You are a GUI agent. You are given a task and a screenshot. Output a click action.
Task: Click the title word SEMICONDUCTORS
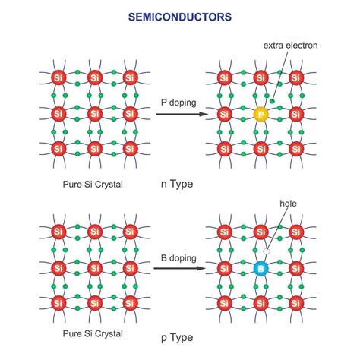tap(179, 16)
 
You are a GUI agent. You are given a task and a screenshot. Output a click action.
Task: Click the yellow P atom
tap(261, 114)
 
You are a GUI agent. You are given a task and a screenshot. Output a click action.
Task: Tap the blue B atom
tap(261, 269)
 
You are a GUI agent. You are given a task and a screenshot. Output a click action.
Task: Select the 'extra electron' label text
tap(290, 46)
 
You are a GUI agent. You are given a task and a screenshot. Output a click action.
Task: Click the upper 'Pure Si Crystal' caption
tap(95, 183)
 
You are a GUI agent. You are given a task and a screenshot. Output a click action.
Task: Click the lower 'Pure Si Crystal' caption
tap(95, 335)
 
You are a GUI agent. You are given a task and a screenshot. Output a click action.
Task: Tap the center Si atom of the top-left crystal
tap(95, 114)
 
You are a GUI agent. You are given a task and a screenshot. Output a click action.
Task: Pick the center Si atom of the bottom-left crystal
tap(95, 268)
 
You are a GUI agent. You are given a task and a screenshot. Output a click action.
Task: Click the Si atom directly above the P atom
tap(261, 78)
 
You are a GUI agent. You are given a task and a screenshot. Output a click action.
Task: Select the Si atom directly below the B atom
tap(261, 305)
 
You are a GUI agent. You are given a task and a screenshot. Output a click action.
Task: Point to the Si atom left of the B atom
tap(225, 269)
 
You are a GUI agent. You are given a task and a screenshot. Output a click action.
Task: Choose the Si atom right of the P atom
tap(296, 114)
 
